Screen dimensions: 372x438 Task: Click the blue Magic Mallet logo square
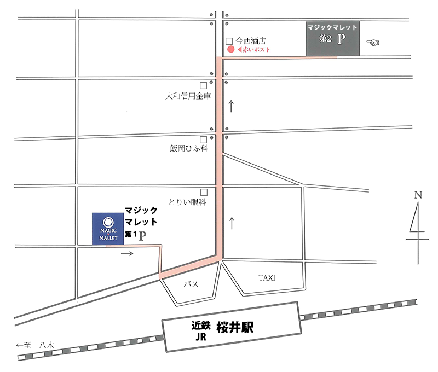click(108, 229)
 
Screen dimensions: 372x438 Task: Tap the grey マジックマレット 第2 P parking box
click(332, 39)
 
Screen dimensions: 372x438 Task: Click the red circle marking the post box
click(230, 49)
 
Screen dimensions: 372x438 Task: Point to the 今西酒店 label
click(251, 40)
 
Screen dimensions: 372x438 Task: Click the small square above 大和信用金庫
click(203, 85)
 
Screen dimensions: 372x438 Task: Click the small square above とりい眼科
click(204, 192)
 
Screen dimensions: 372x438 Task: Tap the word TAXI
click(267, 278)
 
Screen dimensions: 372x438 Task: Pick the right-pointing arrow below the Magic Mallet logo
click(126, 253)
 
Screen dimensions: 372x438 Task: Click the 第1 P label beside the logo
click(136, 235)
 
